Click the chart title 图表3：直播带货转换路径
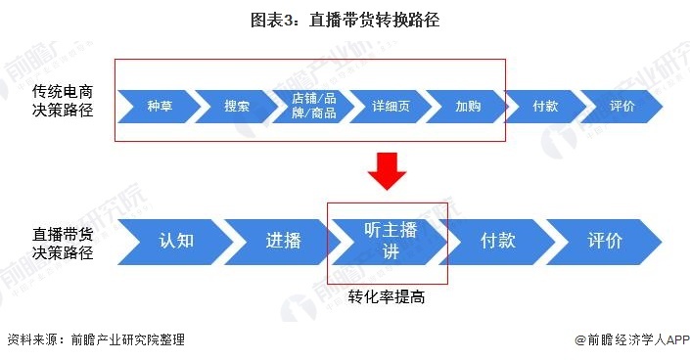[x=345, y=20]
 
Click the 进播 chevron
[x=283, y=241]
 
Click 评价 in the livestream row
[x=604, y=241]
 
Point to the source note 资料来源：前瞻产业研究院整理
[x=96, y=340]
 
